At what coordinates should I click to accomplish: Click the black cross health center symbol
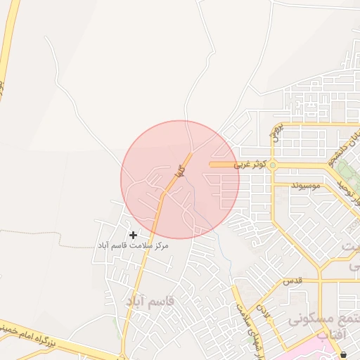pyautogui.click(x=133, y=234)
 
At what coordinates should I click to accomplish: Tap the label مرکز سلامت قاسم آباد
pyautogui.click(x=132, y=246)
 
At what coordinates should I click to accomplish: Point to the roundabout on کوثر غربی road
pyautogui.click(x=273, y=165)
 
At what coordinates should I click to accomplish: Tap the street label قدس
pyautogui.click(x=292, y=280)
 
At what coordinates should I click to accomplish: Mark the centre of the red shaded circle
pyautogui.click(x=180, y=179)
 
